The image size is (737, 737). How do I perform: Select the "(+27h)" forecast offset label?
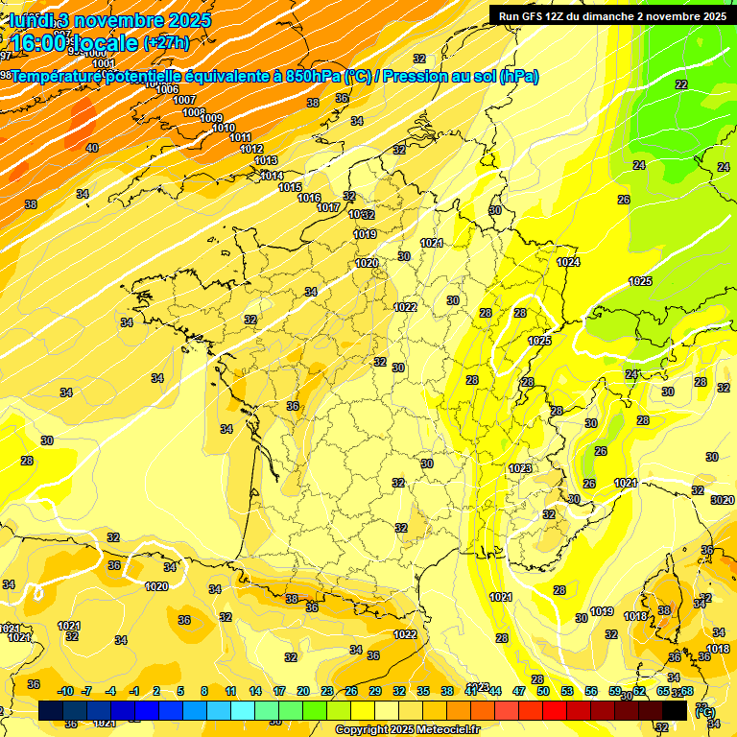166,43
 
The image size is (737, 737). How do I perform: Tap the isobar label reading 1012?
251,149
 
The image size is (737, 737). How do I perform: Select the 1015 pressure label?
290,187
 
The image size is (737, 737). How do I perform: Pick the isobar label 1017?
328,207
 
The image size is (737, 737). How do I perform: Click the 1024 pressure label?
568,262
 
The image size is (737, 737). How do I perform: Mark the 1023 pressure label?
520,468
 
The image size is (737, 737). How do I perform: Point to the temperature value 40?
92,148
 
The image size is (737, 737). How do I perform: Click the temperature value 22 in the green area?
681,84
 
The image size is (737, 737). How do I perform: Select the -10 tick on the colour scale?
65,691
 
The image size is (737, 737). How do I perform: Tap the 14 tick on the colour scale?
255,691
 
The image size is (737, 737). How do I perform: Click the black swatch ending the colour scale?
675,710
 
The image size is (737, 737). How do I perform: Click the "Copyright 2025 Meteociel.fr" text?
407,729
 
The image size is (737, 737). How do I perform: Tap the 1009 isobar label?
211,118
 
